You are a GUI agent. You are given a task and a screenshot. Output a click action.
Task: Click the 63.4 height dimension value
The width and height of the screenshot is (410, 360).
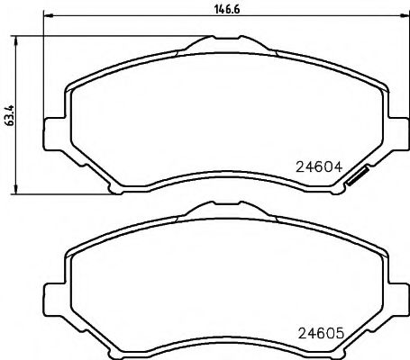[x=9, y=117]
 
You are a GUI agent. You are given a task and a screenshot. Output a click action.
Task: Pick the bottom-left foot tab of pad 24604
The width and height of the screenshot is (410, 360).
[x=115, y=187]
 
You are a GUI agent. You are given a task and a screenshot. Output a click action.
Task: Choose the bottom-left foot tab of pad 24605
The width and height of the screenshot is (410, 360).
[x=115, y=354]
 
